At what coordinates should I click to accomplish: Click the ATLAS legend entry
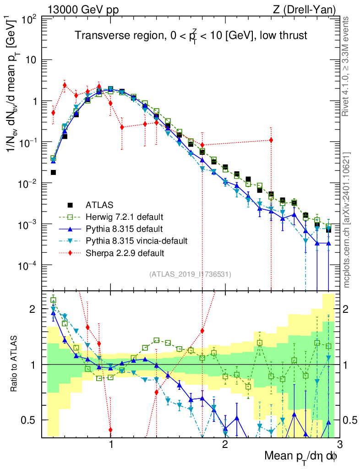pos(99,204)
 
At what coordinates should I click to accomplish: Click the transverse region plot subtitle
pos(191,36)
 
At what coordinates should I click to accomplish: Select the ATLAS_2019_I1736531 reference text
pos(190,274)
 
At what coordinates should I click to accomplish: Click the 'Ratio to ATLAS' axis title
pos(16,364)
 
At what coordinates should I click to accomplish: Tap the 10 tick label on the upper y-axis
pos(31,60)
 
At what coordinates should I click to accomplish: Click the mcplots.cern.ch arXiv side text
pos(347,220)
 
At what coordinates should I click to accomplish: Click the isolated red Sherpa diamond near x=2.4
pos(271,140)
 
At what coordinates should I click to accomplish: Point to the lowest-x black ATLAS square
pos(53,172)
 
